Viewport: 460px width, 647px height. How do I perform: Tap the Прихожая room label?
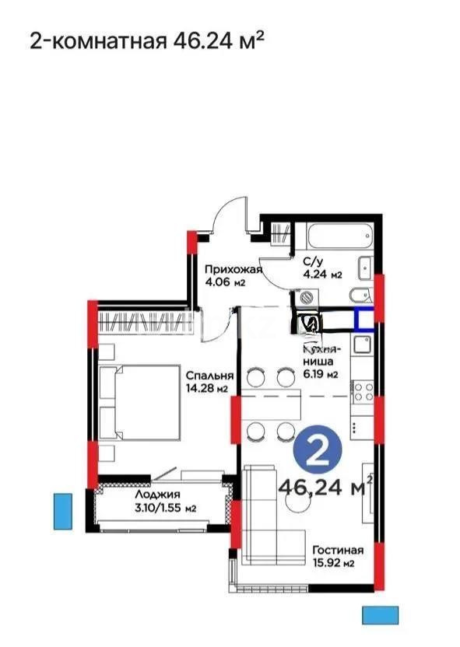pyautogui.click(x=232, y=270)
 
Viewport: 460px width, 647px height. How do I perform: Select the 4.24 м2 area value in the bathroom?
pyautogui.click(x=322, y=275)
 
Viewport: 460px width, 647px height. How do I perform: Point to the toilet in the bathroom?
pyautogui.click(x=359, y=296)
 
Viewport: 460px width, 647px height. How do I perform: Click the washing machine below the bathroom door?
pyautogui.click(x=306, y=297)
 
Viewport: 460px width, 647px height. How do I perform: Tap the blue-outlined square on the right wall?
pyautogui.click(x=364, y=320)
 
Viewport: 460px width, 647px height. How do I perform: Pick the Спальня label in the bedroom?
pyautogui.click(x=205, y=375)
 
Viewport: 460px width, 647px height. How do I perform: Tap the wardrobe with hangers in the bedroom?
pyautogui.click(x=144, y=320)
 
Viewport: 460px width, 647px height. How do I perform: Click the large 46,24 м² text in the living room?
pyautogui.click(x=324, y=488)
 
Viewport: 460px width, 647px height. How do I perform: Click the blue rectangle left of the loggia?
pyautogui.click(x=62, y=511)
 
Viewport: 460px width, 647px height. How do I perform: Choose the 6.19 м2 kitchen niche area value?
pyautogui.click(x=321, y=374)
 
